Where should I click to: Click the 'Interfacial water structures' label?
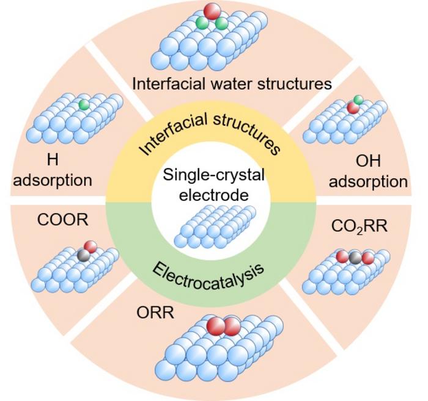point(232,82)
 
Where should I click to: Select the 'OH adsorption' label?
point(381,172)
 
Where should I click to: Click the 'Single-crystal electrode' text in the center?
point(213,186)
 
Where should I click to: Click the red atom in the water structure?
point(212,11)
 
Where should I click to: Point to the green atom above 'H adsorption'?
point(84,105)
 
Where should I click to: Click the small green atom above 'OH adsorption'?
point(359,99)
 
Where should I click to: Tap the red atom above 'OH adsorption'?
point(353,107)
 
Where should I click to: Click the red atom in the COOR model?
point(90,247)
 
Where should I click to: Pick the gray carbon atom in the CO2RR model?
point(355,258)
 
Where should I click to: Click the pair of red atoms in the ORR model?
point(224,327)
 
